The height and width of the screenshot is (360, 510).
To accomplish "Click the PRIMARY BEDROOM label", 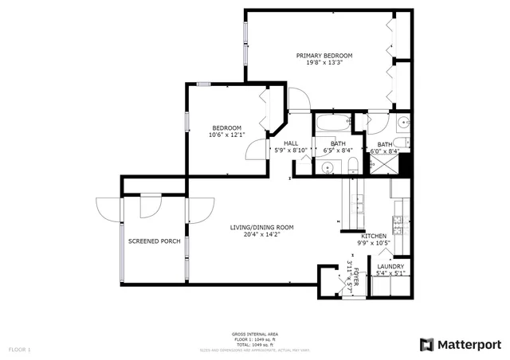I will point(324,56).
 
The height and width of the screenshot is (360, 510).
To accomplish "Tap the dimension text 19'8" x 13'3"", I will point(324,65).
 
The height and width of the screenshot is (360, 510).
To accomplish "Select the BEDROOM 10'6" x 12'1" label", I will point(227,131).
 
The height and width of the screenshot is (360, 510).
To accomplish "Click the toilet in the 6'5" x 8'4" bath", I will point(353,165).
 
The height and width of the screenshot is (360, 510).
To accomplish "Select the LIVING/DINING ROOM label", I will point(261,228).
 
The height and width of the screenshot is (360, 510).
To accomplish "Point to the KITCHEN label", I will point(374,236).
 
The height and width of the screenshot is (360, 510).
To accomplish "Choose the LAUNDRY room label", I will point(390,267).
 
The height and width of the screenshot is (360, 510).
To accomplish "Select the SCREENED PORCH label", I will point(154,241).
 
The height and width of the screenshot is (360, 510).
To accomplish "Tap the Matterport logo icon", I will point(427,344).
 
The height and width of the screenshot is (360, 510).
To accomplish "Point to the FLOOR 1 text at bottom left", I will point(19,349).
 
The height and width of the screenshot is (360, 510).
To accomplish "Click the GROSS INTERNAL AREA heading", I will point(254,334).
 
